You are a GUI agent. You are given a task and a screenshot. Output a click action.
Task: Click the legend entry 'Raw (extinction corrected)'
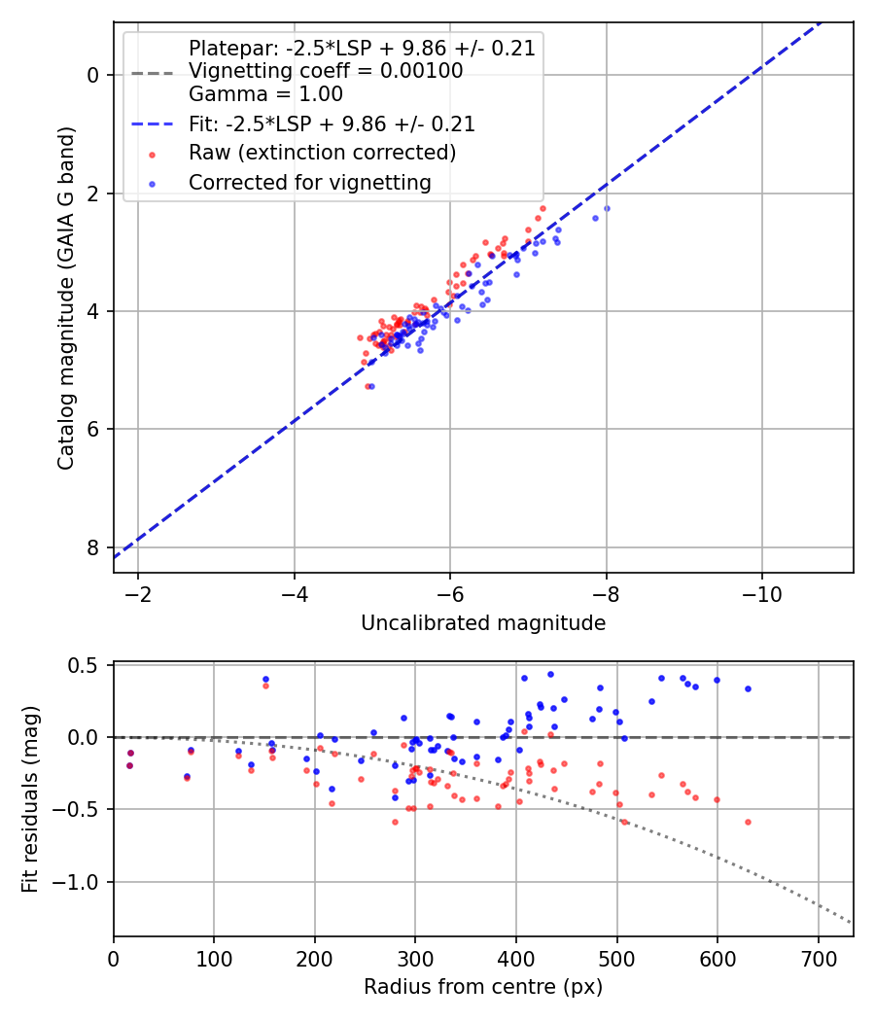pos(322,153)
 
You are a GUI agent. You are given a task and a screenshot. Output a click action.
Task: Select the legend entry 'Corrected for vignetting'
pos(309,182)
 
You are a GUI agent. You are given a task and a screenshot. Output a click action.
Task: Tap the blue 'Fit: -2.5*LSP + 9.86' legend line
pos(153,124)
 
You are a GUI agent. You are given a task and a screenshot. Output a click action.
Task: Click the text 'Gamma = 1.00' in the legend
pos(265,94)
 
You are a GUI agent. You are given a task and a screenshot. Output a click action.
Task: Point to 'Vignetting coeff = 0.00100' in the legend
pos(326,71)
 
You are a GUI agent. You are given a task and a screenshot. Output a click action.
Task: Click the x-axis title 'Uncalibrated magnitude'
pos(483,623)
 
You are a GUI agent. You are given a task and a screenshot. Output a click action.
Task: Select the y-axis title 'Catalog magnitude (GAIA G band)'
pos(66,297)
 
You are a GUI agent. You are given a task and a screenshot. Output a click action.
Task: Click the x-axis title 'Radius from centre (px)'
pos(483,987)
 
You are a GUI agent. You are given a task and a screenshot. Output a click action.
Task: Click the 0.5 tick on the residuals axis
pos(89,665)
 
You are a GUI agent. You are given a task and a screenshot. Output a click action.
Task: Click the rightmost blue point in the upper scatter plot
pos(607,208)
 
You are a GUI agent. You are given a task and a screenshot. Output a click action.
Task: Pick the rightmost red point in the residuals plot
pos(748,822)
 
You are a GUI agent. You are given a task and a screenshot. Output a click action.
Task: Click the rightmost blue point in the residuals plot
pos(748,688)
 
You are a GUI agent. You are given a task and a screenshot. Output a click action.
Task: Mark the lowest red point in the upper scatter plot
pos(367,386)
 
